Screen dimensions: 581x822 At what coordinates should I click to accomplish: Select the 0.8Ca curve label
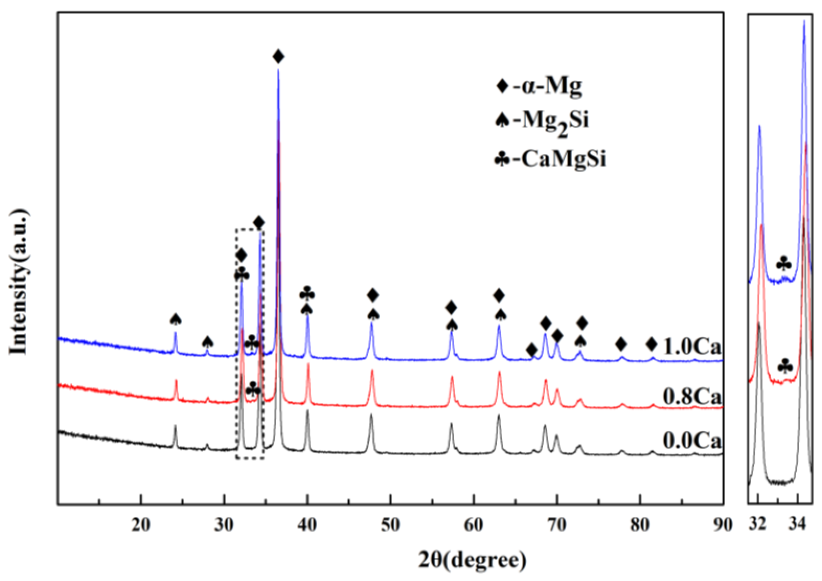[692, 397]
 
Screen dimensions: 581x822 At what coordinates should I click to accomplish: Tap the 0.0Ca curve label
[692, 440]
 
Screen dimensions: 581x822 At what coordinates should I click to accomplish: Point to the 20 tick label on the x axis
[141, 525]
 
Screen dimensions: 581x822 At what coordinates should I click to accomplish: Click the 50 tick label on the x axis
[390, 525]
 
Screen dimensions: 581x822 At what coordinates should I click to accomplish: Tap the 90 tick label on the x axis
[722, 525]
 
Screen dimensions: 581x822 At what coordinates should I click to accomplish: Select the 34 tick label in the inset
[798, 525]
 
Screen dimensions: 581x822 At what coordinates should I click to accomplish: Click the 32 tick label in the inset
[758, 525]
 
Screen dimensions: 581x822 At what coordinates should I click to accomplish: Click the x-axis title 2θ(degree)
[473, 560]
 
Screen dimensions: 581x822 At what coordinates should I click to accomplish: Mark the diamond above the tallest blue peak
[278, 56]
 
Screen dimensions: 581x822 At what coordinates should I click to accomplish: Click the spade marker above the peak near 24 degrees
[176, 320]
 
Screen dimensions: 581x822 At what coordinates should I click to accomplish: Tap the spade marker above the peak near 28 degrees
[208, 343]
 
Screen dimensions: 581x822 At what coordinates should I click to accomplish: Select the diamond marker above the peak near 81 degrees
[652, 344]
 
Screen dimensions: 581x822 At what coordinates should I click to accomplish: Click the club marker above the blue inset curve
[784, 264]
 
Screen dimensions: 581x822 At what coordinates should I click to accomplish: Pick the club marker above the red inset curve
[785, 367]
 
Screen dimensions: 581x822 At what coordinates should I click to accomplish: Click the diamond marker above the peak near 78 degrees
[621, 344]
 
